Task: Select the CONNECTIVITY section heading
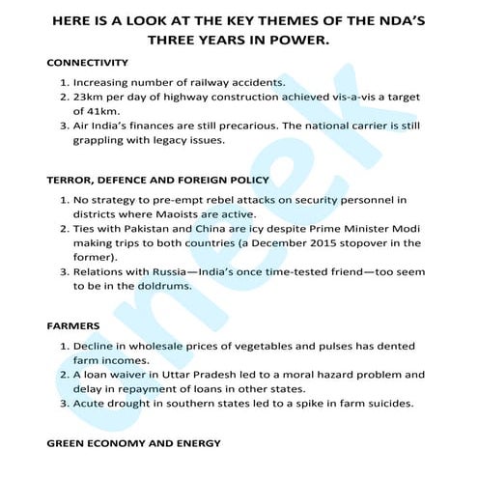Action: click(x=87, y=62)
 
